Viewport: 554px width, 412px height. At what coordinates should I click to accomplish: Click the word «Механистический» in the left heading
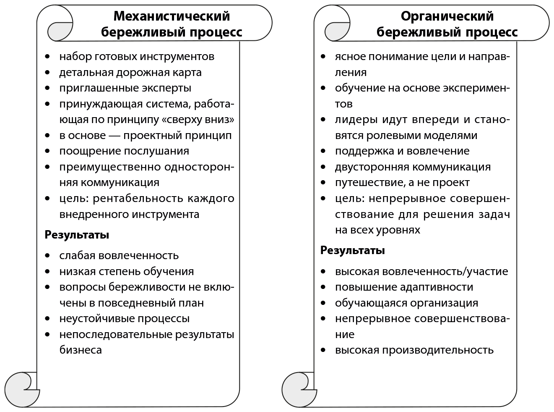click(x=172, y=16)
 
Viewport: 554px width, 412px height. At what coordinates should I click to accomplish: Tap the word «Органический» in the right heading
click(x=447, y=16)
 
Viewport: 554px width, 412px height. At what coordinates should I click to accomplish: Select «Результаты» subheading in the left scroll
click(x=77, y=235)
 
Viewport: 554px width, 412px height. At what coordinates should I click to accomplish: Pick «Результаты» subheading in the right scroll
click(x=352, y=250)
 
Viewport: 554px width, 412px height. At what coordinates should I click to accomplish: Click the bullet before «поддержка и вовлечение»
click(x=323, y=151)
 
